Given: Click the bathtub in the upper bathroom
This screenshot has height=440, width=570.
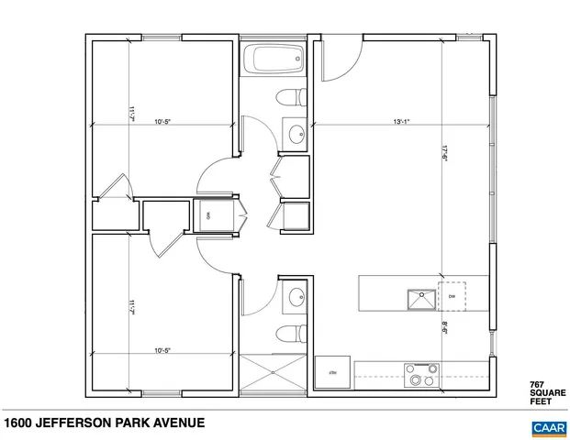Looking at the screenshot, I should (273, 61).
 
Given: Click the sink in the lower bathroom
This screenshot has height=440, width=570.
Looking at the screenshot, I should (295, 296).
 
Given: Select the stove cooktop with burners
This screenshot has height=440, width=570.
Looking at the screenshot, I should (422, 375).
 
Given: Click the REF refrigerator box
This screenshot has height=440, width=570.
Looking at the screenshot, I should (331, 372).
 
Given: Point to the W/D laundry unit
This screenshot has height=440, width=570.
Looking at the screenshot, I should (210, 214).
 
